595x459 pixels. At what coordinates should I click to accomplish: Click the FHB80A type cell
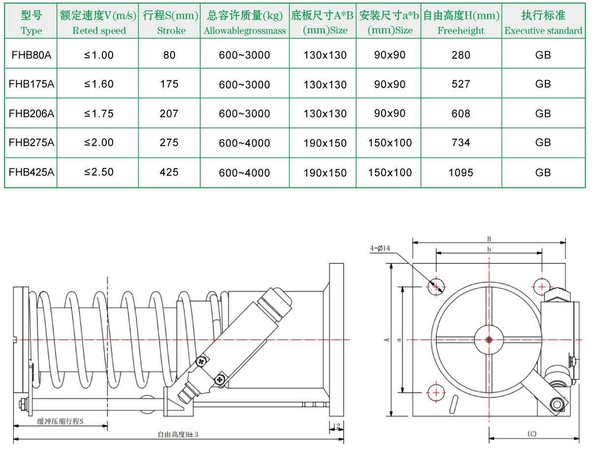pos(31,55)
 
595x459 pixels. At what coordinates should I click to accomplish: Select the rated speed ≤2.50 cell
pos(98,172)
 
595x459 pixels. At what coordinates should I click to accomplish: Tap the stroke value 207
pos(169,114)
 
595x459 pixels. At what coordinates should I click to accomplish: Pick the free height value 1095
pos(461,173)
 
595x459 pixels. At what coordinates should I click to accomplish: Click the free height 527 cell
pos(461,84)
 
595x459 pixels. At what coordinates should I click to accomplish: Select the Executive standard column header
pos(543,23)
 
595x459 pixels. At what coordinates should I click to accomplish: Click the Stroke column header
pos(169,23)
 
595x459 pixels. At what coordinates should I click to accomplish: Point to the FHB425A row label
pos(31,172)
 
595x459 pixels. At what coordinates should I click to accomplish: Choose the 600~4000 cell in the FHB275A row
pos(244,143)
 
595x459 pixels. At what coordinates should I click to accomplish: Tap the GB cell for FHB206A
pos(543,114)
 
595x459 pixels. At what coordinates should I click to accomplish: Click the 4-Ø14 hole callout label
pos(380,249)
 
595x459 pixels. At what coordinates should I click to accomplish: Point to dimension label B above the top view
pos(489,239)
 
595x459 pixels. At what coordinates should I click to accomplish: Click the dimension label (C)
pos(532,434)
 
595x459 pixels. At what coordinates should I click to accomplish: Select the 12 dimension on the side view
pos(336,426)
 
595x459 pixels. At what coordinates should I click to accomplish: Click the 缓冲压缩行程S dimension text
pos(60,422)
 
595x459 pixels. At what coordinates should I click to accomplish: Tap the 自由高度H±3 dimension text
pos(178,434)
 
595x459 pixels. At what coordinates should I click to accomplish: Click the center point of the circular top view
pos(488,339)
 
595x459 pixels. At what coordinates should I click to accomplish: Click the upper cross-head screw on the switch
pos(201,362)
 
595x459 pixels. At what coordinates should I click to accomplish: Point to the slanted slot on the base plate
pos(454,405)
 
